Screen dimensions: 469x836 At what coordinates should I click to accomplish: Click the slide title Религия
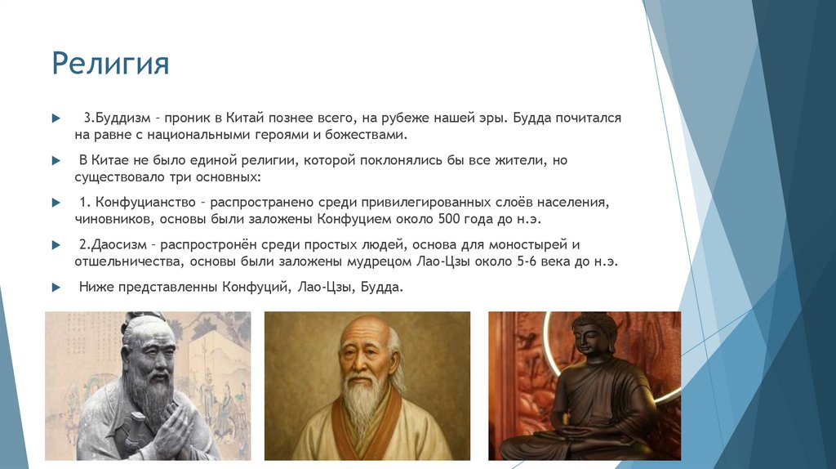pos(110,63)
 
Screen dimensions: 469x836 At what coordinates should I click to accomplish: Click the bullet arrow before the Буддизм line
pos(56,118)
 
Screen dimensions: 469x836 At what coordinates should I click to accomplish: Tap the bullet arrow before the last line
pos(56,288)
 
